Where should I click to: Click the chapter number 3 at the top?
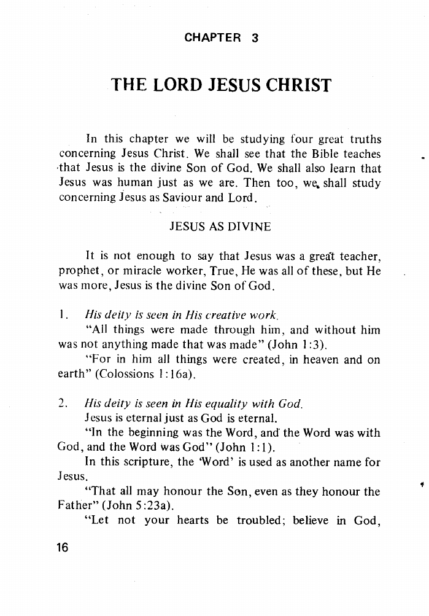tap(255, 38)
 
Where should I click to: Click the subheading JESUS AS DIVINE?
tap(219, 227)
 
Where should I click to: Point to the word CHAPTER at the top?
tap(213, 38)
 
